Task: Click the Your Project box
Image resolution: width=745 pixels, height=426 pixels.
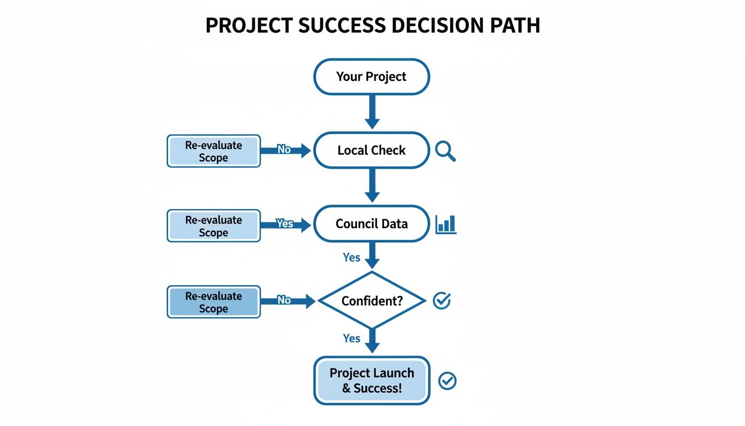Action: [x=371, y=77]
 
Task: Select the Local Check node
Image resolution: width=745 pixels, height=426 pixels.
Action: [x=371, y=150]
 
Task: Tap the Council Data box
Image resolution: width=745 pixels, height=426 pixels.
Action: [x=371, y=224]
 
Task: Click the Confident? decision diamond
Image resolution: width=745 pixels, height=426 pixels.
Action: [x=371, y=301]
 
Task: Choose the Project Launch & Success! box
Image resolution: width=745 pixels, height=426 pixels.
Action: [x=371, y=381]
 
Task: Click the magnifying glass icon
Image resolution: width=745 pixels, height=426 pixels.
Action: [x=445, y=150]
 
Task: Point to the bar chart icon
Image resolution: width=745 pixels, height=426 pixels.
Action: [x=446, y=224]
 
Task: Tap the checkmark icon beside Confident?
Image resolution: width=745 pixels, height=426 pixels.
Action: [x=442, y=301]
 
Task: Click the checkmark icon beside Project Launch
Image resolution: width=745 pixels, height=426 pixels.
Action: [x=447, y=381]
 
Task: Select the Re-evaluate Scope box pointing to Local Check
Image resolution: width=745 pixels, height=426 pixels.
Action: [x=213, y=151]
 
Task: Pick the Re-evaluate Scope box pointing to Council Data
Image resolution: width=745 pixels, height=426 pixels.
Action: [x=213, y=226]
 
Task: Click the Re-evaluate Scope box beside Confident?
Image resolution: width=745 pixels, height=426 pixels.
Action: [x=213, y=302]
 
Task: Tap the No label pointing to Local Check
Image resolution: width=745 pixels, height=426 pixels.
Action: [x=284, y=149]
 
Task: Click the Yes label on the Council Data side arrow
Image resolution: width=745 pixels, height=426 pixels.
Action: [x=284, y=224]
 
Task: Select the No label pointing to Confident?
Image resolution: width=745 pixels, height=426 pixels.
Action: [x=284, y=300]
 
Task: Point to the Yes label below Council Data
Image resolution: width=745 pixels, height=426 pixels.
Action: [x=351, y=257]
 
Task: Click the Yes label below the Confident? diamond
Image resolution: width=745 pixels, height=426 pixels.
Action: [x=351, y=338]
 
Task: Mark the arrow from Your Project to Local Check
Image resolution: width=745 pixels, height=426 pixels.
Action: [x=372, y=111]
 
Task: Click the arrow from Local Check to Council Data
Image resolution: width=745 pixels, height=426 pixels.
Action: [x=372, y=185]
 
